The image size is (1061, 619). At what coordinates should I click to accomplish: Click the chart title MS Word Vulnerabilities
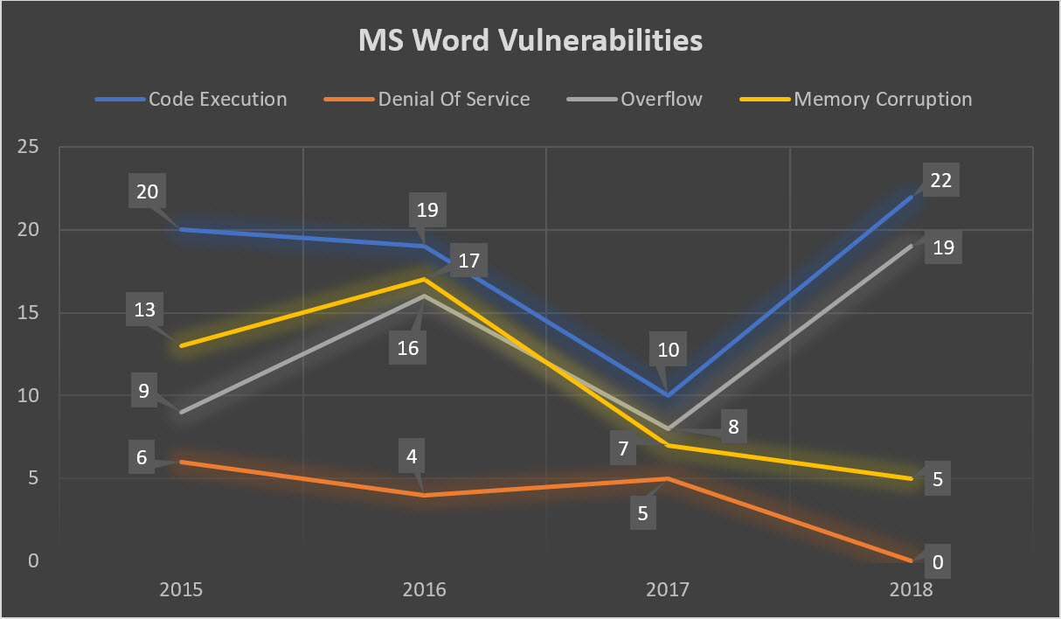pyautogui.click(x=530, y=41)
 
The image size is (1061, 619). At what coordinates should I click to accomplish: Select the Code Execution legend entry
pyautogui.click(x=217, y=99)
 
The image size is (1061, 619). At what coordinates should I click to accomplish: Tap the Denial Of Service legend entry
pyautogui.click(x=454, y=99)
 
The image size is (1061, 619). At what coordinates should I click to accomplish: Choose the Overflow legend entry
pyautogui.click(x=661, y=99)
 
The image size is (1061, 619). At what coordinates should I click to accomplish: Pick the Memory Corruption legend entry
pyautogui.click(x=883, y=99)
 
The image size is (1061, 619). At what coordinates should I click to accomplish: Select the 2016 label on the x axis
pyautogui.click(x=424, y=589)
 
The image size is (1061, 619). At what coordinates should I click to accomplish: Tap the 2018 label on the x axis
pyautogui.click(x=912, y=589)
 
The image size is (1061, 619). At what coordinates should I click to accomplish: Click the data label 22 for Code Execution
pyautogui.click(x=940, y=181)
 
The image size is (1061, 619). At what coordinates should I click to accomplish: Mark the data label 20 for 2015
pyautogui.click(x=148, y=191)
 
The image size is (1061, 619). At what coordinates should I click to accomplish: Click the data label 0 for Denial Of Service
pyautogui.click(x=938, y=562)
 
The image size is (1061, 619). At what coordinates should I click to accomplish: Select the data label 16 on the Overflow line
pyautogui.click(x=407, y=348)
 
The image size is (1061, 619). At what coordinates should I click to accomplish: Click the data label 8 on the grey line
pyautogui.click(x=732, y=428)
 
